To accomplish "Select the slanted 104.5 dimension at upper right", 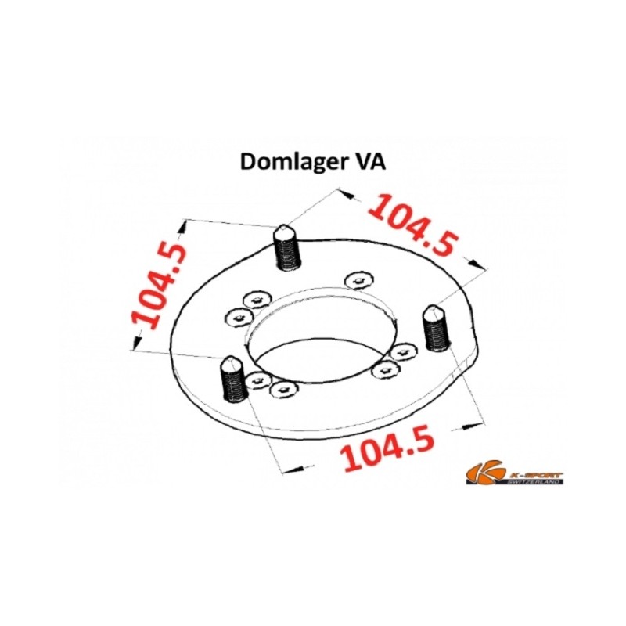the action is [413, 225].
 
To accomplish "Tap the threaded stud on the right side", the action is [437, 328].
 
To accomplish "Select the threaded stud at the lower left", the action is [233, 379].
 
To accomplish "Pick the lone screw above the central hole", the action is [359, 280].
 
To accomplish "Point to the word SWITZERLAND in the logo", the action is [534, 481].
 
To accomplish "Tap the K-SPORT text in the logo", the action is [535, 474].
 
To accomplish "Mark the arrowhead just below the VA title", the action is [347, 194].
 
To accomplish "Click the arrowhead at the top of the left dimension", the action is [184, 228].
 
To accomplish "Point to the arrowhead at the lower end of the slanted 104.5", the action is [477, 264].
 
